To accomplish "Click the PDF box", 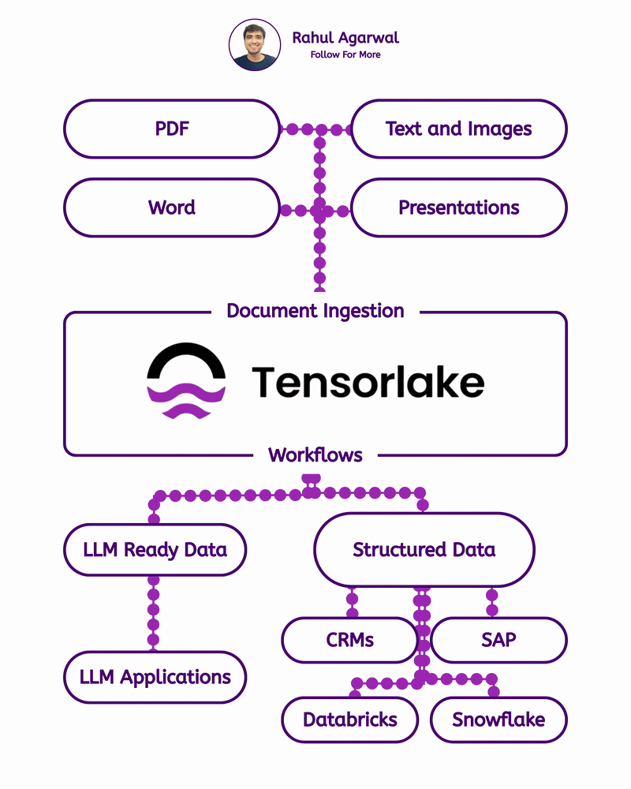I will click(172, 129).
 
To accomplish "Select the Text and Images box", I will click(458, 129).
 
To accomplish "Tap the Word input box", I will click(172, 208).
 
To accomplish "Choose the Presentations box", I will click(458, 208).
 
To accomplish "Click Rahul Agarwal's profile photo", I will click(255, 45).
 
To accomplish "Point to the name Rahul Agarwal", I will click(345, 38).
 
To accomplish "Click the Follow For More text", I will click(345, 54).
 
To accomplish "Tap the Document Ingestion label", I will click(315, 311).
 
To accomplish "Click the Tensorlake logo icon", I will click(186, 381).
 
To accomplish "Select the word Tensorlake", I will click(368, 383).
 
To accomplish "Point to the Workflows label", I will click(315, 455).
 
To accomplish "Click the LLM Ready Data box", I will click(155, 550).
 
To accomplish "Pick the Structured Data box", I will click(424, 550).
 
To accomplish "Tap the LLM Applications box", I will click(155, 677).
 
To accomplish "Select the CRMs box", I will click(349, 640).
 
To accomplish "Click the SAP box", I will click(498, 640).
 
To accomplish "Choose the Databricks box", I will click(349, 720).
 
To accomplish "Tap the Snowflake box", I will click(498, 720).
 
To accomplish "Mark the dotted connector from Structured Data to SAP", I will click(492, 602).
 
